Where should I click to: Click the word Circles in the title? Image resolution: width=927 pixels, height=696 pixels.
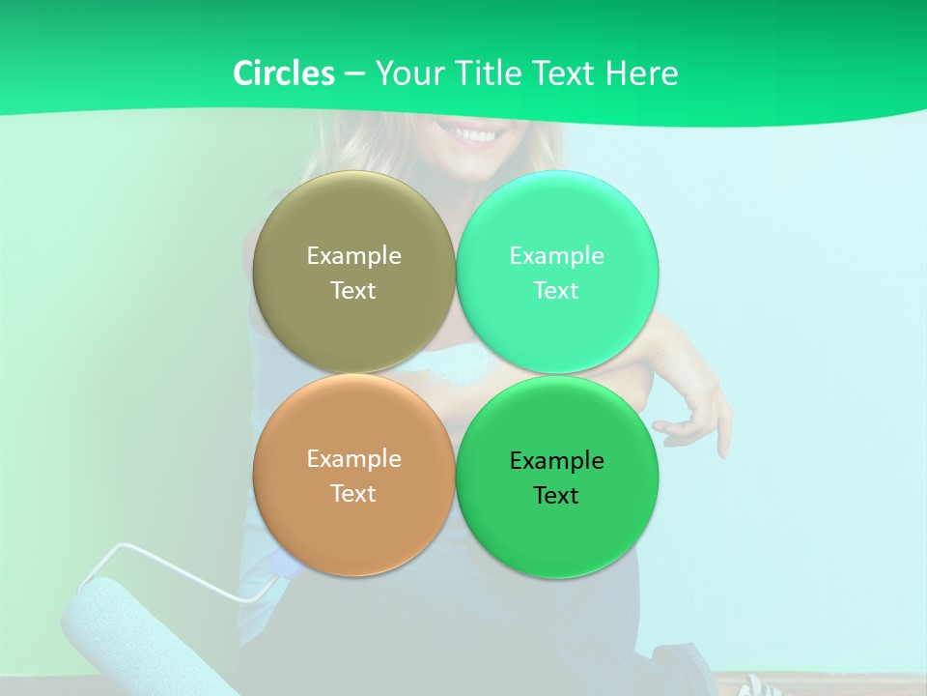click(283, 73)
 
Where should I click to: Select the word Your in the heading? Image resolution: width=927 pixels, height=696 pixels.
click(407, 73)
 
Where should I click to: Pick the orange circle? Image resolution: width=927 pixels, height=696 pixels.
click(353, 522)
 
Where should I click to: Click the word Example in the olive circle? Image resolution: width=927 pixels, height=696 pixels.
click(353, 256)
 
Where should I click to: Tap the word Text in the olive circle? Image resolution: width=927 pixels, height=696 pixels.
click(353, 291)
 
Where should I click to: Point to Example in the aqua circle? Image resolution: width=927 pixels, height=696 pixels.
click(556, 256)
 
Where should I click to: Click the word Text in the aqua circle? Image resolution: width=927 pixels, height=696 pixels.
click(556, 291)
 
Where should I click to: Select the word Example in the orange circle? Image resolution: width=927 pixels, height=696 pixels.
click(353, 459)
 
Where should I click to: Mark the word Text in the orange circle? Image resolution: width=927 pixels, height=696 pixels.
click(353, 494)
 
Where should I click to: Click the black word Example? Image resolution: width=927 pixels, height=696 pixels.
click(556, 461)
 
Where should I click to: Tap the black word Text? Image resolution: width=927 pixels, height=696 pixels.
click(556, 496)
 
